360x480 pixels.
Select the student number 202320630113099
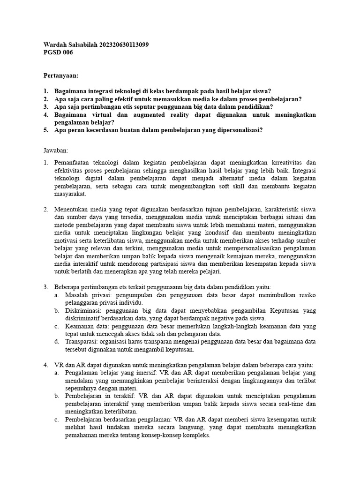125,45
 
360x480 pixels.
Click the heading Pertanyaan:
61,75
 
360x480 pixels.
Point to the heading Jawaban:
56,150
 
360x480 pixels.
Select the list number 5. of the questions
46,130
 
